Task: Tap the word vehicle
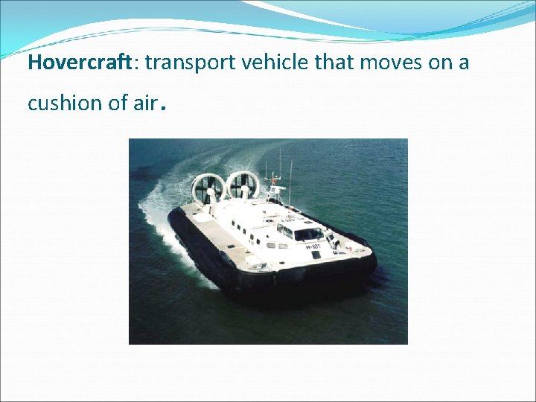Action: coord(275,63)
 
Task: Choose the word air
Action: coord(145,103)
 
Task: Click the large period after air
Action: coord(162,108)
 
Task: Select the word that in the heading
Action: coord(335,63)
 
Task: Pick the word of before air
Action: coord(118,103)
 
